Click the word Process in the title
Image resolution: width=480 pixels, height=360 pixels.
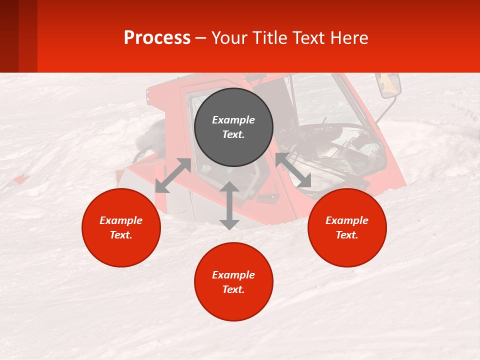tap(157, 38)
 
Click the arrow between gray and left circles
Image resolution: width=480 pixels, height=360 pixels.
tap(173, 175)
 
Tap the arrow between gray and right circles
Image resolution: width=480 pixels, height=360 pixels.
tap(293, 170)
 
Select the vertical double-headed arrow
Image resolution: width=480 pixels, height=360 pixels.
tap(229, 205)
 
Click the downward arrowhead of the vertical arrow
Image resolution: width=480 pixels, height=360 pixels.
tap(229, 224)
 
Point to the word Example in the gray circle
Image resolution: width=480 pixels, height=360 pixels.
tap(233, 120)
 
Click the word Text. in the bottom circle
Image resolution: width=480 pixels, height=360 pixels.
tap(233, 289)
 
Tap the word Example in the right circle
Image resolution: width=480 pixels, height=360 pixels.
tap(347, 220)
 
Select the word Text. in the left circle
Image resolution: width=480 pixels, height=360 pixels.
tap(121, 235)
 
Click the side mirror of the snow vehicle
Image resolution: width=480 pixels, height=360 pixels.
tap(390, 85)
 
